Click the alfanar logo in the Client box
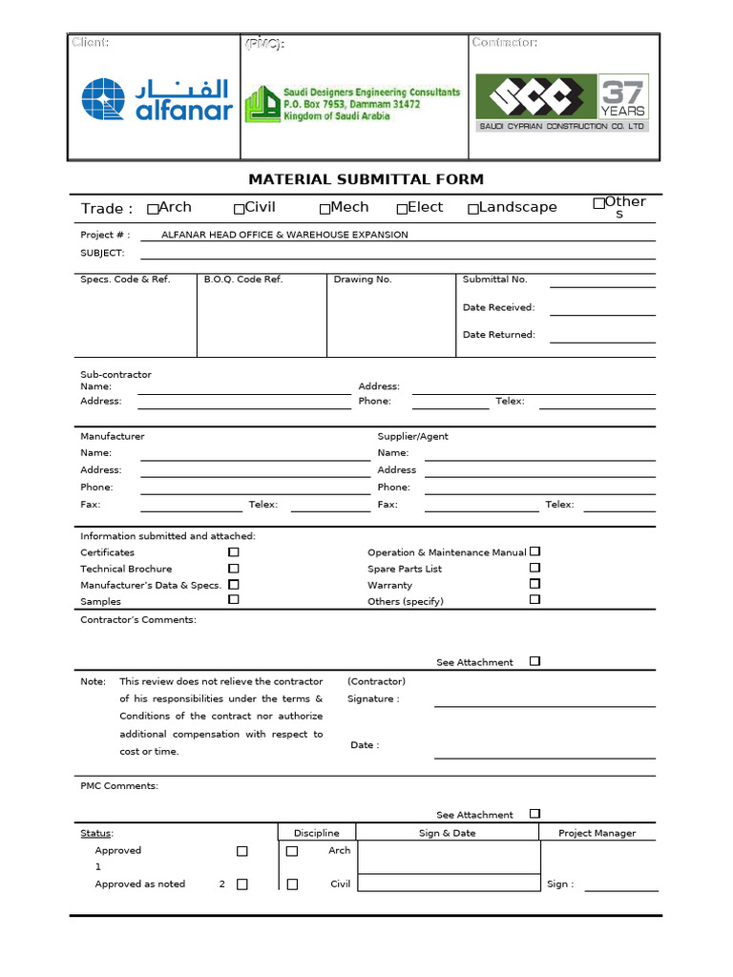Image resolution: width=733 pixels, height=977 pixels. click(x=157, y=100)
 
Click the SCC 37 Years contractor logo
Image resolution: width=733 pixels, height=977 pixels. click(x=562, y=102)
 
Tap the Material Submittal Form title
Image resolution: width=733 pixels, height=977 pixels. click(x=366, y=179)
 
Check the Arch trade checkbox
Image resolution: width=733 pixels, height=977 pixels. click(x=153, y=209)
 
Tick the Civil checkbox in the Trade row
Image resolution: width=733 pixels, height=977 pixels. click(x=239, y=209)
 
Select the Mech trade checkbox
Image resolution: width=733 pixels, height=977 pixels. click(x=325, y=209)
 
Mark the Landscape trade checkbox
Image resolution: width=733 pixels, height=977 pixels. click(x=472, y=209)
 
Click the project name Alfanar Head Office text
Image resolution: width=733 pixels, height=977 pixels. click(x=284, y=235)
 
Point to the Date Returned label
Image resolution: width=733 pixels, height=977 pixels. click(x=498, y=335)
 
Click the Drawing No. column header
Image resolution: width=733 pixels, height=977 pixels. click(x=363, y=280)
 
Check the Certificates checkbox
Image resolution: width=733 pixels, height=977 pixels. click(x=233, y=552)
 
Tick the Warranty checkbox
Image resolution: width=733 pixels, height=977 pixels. click(x=534, y=583)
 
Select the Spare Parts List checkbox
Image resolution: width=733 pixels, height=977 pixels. click(x=534, y=567)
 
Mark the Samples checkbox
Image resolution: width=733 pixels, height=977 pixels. click(x=233, y=600)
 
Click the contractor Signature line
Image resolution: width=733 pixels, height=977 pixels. click(x=544, y=705)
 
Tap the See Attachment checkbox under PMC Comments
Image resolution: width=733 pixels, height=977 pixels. click(x=534, y=814)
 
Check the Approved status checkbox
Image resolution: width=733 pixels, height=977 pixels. click(x=241, y=851)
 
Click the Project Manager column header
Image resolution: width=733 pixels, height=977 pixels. click(x=597, y=833)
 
